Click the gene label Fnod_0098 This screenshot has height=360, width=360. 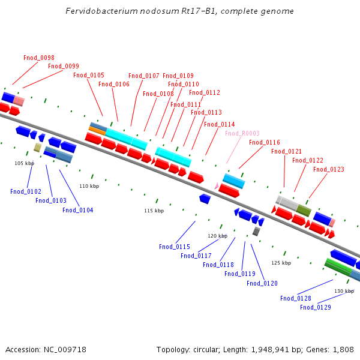click(x=39, y=58)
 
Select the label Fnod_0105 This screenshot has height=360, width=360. click(x=89, y=75)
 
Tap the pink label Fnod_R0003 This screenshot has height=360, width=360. click(x=242, y=133)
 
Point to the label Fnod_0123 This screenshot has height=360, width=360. click(x=329, y=169)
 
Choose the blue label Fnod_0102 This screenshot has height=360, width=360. click(x=26, y=191)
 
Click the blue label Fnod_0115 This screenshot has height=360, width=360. click(x=175, y=247)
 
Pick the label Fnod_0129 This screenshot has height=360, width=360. click(x=316, y=307)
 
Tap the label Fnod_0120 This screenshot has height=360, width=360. click(x=262, y=283)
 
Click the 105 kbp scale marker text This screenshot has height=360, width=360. click(x=25, y=163)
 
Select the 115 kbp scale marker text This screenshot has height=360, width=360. click(x=154, y=211)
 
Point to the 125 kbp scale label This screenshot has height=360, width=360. click(x=281, y=263)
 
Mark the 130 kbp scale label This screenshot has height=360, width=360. click(x=344, y=291)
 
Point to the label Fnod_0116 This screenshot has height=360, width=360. click(x=265, y=142)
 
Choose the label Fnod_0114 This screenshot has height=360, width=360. click(x=220, y=124)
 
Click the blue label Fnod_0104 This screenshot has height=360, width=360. click(x=78, y=210)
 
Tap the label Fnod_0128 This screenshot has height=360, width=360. click(x=296, y=298)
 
